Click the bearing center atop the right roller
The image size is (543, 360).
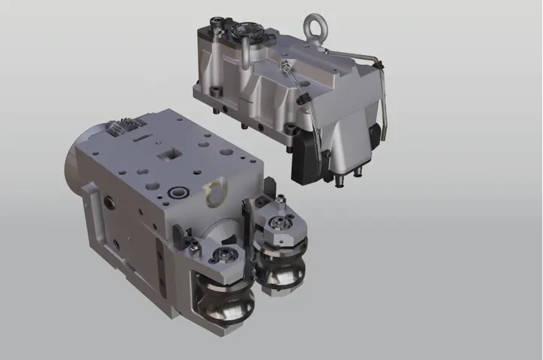(281, 224)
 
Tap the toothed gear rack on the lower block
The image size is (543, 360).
(122, 128)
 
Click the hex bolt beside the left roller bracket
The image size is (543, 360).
(195, 243)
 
